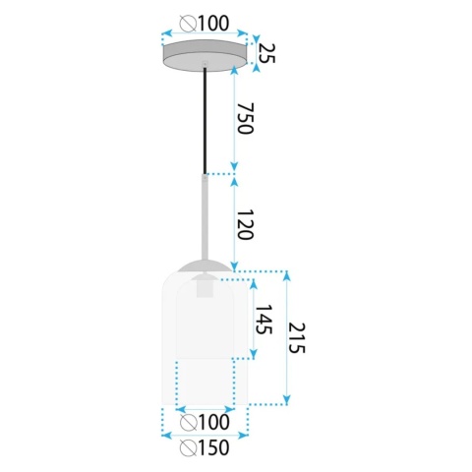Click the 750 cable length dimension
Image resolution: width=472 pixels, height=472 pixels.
coord(246,118)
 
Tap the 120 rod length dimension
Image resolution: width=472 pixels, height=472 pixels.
coord(245,224)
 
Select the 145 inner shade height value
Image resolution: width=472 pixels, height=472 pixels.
coord(264,320)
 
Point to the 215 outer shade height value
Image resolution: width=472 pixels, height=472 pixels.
coord(296,338)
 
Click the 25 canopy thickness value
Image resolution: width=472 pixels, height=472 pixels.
coord(266,53)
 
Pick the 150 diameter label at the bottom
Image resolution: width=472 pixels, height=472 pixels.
coord(213,447)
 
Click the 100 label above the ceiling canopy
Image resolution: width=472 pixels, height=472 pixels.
coord(213,24)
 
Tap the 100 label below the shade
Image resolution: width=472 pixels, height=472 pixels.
coord(213,422)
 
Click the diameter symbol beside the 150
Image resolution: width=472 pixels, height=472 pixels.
coord(189,448)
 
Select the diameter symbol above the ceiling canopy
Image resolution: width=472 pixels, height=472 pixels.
coord(189,25)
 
